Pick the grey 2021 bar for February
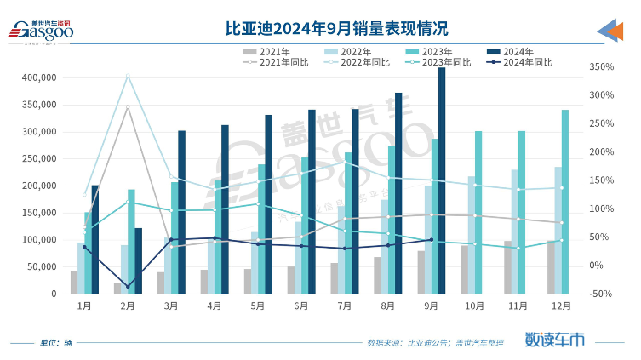[117, 288]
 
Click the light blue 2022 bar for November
[515, 231]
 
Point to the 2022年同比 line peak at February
[128, 76]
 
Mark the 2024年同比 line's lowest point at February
[128, 287]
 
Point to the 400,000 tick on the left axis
[38, 77]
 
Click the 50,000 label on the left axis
[41, 267]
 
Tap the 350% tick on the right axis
[601, 66]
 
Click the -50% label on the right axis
[601, 294]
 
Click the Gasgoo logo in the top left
[40, 31]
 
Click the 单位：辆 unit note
[56, 343]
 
